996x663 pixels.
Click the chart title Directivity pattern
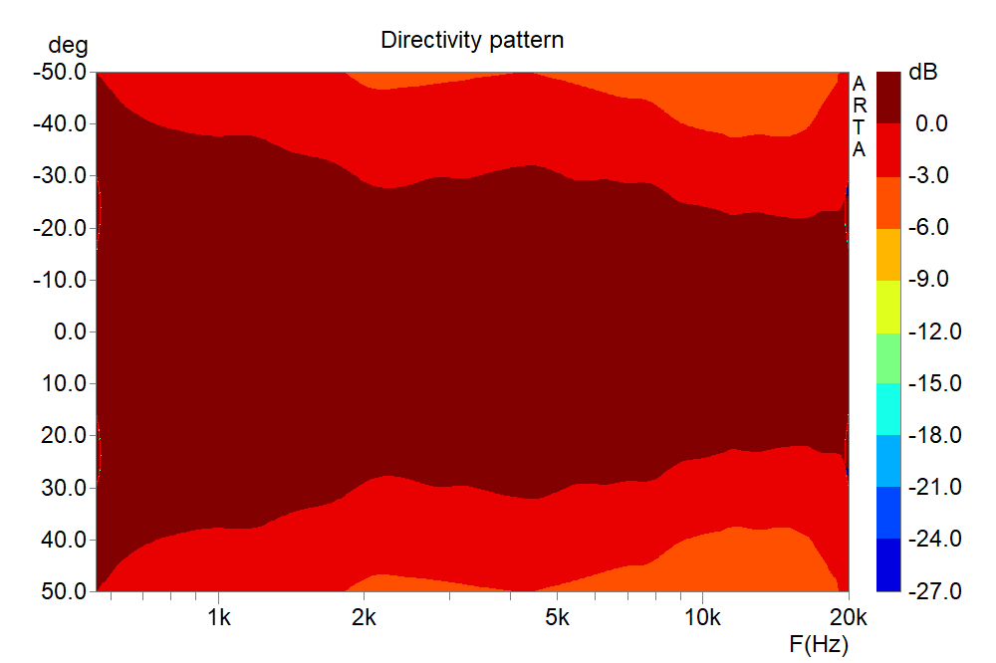pyautogui.click(x=472, y=41)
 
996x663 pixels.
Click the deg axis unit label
pyautogui.click(x=67, y=46)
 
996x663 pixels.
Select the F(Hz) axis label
pyautogui.click(x=819, y=644)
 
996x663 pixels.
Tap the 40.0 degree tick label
pyautogui.click(x=64, y=540)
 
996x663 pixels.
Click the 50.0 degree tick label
pyautogui.click(x=64, y=591)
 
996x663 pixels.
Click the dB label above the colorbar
pyautogui.click(x=923, y=73)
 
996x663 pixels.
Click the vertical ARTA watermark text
pyautogui.click(x=860, y=116)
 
